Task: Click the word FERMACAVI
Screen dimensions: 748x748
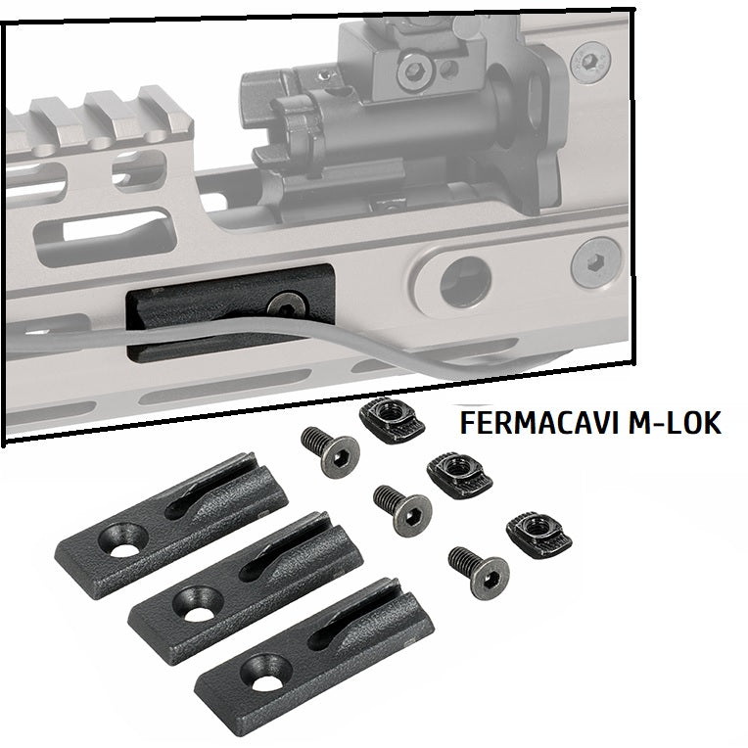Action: [x=540, y=422]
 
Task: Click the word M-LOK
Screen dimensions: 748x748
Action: [x=675, y=422]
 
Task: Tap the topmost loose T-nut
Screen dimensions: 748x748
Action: [x=392, y=420]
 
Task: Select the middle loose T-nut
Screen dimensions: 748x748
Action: [x=459, y=477]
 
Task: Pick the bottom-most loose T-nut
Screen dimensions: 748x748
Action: [x=539, y=538]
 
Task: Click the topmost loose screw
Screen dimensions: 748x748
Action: [x=330, y=450]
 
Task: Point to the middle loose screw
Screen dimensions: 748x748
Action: [x=402, y=510]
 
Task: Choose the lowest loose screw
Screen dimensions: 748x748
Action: [x=479, y=572]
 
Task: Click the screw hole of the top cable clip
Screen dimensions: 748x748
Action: [x=123, y=541]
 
